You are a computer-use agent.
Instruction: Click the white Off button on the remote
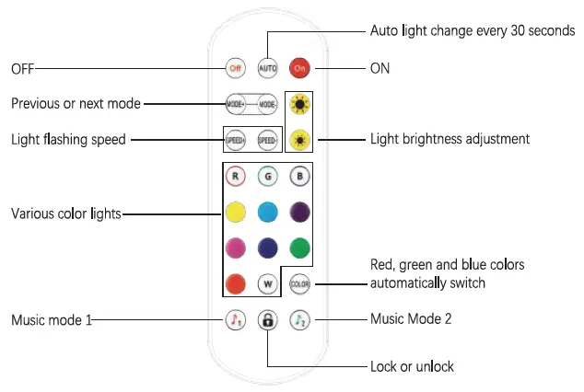coord(237,68)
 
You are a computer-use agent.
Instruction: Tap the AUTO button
coord(267,68)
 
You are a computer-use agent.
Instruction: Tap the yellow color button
coord(237,213)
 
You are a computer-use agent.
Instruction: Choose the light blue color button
coord(267,213)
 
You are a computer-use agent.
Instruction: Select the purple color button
coord(298,213)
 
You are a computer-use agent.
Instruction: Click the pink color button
coord(237,248)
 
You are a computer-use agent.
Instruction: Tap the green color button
coord(298,248)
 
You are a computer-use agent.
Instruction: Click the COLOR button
coord(298,283)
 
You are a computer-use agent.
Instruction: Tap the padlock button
coord(267,320)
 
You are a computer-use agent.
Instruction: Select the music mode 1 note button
coord(237,320)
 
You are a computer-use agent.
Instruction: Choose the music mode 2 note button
coord(298,320)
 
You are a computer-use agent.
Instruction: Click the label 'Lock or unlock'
coord(412,366)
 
